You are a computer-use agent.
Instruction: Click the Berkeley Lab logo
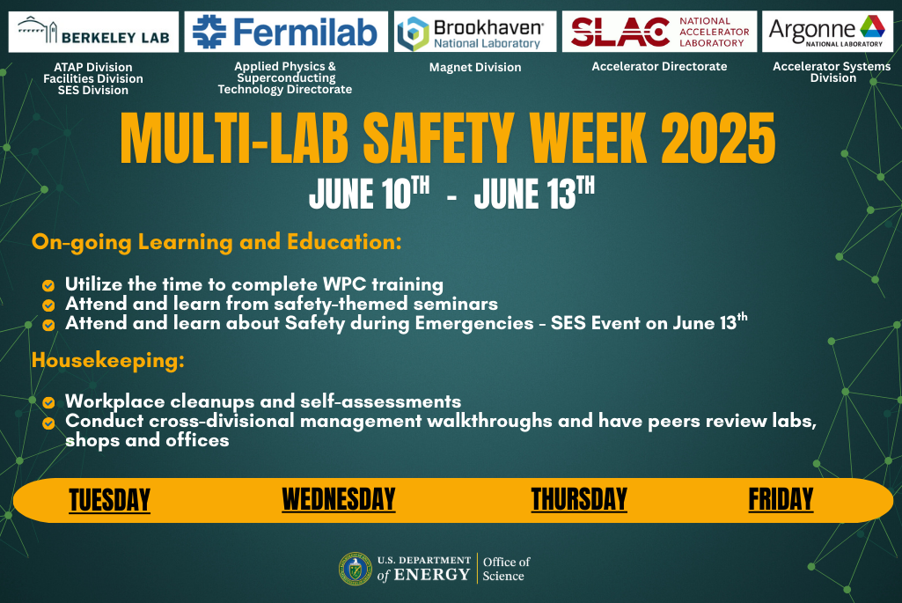(93, 33)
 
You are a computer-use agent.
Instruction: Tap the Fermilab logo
(286, 32)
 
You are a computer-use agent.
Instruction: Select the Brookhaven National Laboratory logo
(475, 32)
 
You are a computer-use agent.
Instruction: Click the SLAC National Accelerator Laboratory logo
(659, 32)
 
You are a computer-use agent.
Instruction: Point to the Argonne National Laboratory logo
(827, 32)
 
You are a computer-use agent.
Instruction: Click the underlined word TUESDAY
(109, 499)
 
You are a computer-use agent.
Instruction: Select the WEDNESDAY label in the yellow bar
(338, 499)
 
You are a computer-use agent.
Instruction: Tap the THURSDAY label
(579, 499)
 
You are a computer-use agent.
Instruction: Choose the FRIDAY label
(781, 499)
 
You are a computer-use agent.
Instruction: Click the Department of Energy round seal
(356, 569)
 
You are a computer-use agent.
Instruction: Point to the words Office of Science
(506, 569)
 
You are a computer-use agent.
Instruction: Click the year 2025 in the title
(717, 138)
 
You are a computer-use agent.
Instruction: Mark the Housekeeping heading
(108, 361)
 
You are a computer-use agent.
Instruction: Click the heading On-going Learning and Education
(216, 242)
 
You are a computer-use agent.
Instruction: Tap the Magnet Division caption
(475, 67)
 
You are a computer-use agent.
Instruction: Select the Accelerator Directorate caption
(659, 67)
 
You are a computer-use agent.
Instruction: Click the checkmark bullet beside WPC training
(48, 285)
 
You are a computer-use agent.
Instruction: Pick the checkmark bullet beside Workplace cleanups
(48, 402)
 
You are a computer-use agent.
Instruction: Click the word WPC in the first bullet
(344, 284)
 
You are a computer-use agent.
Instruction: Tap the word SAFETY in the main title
(438, 138)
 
